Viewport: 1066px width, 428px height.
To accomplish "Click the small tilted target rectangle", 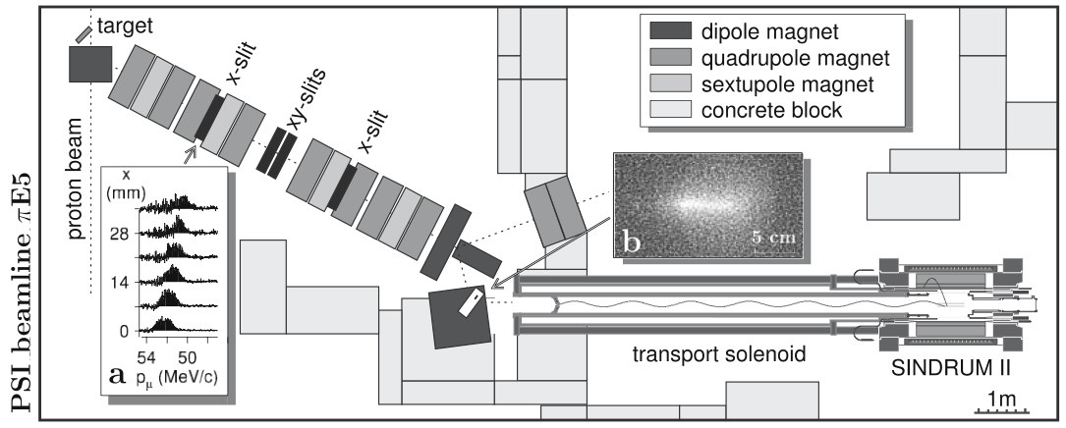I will tap(84, 33).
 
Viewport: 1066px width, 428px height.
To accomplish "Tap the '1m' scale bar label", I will tap(1003, 399).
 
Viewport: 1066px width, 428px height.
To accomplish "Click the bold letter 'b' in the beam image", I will tap(630, 240).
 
